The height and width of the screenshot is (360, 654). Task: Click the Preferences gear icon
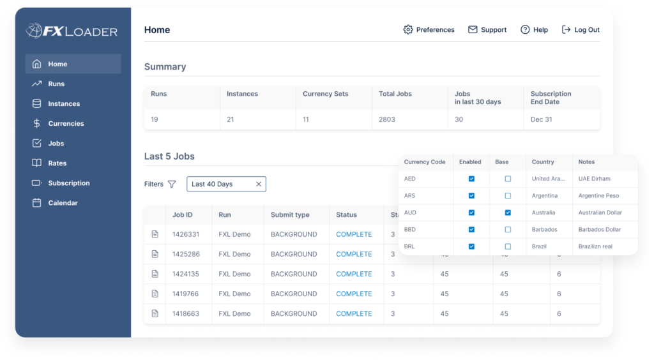coord(408,30)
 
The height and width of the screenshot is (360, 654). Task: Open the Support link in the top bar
coord(487,30)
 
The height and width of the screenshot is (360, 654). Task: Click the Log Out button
coord(581,30)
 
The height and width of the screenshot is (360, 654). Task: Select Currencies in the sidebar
coord(66,124)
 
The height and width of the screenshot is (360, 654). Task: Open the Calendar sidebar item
coord(63,203)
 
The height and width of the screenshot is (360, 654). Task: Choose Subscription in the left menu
coord(68,183)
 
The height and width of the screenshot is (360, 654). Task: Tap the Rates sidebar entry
coord(57,163)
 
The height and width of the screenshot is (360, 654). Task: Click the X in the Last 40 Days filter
coord(259,184)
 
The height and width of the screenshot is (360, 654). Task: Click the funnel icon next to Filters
coord(172,184)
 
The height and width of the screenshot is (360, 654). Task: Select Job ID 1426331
coord(186,234)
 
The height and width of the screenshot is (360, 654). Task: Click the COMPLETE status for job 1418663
coord(354,314)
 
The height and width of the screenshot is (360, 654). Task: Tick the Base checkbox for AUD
coord(508,213)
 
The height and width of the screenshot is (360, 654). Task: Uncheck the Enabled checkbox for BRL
coord(471,246)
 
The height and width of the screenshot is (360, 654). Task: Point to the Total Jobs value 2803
coord(388,119)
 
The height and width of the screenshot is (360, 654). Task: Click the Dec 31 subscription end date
coord(541,119)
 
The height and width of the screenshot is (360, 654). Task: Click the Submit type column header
coord(290,215)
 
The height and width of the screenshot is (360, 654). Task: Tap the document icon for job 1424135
coord(155,274)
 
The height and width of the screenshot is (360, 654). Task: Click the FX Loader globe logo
coord(34,30)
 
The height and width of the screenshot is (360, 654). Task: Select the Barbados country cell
coord(544,230)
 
